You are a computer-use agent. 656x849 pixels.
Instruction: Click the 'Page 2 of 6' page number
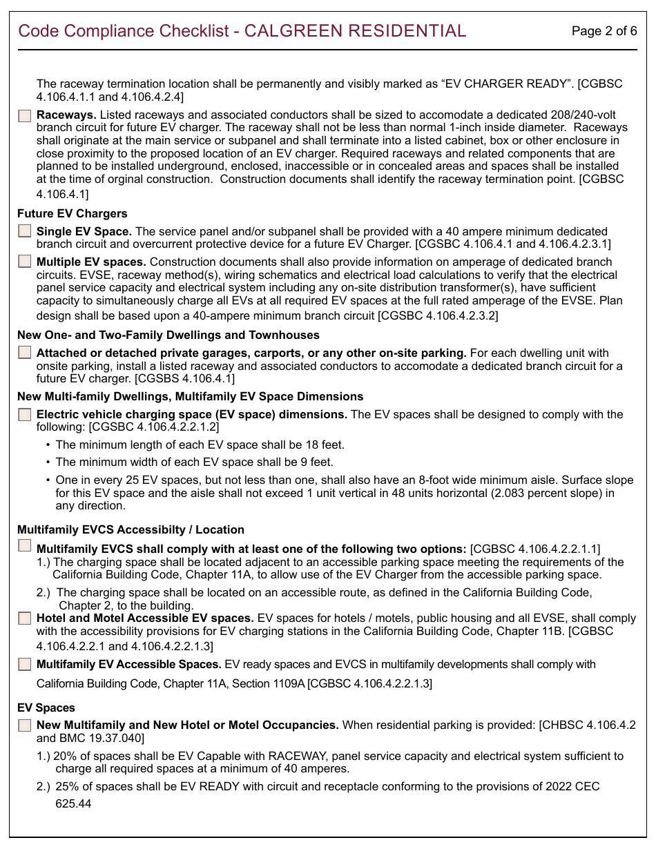[604, 31]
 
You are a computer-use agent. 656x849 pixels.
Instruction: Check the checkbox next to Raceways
[25, 116]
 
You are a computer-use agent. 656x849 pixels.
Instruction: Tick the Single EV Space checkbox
[25, 231]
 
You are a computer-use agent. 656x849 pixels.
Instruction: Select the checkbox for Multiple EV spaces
[25, 262]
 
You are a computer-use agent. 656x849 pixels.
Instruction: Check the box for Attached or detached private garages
[25, 353]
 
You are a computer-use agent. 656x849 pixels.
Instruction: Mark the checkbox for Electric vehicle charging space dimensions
[25, 415]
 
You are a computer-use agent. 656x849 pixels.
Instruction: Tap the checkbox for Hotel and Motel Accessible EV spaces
[25, 618]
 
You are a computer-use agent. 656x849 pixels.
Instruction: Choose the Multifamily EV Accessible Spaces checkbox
[25, 665]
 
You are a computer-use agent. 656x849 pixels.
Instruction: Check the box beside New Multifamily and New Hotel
[25, 725]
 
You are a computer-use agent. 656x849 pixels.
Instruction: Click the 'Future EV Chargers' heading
[73, 213]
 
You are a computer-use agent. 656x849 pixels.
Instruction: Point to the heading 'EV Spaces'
[46, 707]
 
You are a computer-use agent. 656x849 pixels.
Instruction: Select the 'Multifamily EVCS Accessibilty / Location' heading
[131, 529]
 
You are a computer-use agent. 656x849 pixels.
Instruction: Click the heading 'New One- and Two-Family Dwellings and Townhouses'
[168, 335]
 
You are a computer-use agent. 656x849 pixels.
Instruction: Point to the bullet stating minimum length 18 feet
[200, 445]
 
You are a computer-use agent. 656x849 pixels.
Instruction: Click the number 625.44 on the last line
[73, 803]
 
